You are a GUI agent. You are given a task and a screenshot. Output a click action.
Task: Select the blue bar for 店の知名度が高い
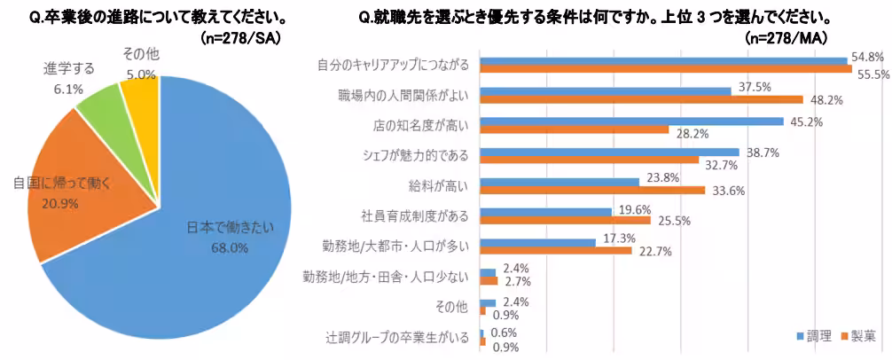click(630, 121)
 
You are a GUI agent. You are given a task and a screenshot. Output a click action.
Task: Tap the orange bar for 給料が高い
click(591, 189)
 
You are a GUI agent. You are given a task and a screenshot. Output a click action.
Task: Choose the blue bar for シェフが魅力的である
click(608, 153)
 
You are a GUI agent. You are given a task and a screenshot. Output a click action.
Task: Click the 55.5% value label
click(873, 74)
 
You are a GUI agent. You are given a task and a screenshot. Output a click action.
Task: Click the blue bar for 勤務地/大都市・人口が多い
click(536, 241)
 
